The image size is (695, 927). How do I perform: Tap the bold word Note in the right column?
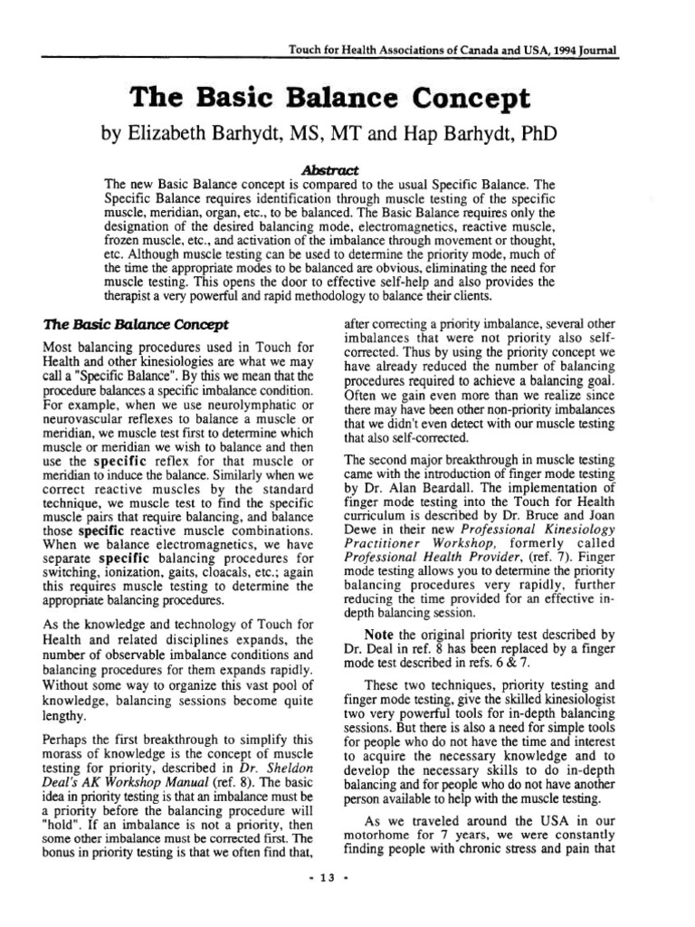click(x=379, y=633)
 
